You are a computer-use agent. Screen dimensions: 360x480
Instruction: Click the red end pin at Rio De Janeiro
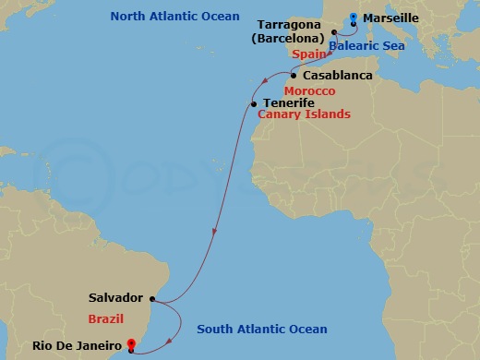tap(131, 346)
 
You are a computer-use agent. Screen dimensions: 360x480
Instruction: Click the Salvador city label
tap(115, 298)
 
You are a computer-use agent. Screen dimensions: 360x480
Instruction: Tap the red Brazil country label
tap(106, 318)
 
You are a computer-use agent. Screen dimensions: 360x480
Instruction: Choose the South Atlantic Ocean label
tap(262, 330)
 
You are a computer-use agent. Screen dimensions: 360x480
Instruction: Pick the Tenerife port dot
tap(253, 103)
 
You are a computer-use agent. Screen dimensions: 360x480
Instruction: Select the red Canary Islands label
tap(304, 114)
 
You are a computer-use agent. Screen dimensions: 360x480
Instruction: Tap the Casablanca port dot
tap(294, 75)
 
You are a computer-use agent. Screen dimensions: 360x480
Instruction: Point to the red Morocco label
tap(309, 91)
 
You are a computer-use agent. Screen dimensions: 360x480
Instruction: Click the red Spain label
tap(310, 54)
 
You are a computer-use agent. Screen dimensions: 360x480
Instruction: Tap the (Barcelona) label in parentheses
tap(286, 38)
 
